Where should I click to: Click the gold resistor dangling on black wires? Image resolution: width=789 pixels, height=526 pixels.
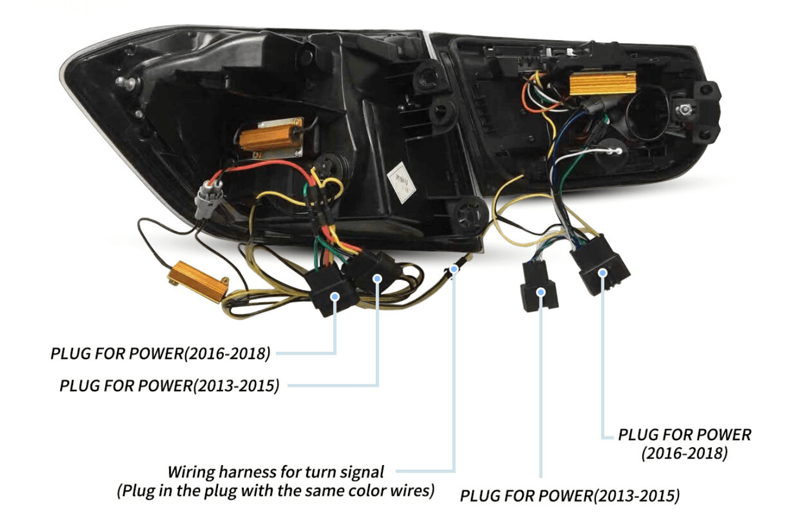pyautogui.click(x=198, y=281)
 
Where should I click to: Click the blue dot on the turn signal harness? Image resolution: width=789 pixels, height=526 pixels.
pyautogui.click(x=454, y=269)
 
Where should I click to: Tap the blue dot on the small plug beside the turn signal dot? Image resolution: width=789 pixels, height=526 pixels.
pyautogui.click(x=377, y=279)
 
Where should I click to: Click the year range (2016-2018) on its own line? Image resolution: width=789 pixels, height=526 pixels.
pyautogui.click(x=684, y=453)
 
